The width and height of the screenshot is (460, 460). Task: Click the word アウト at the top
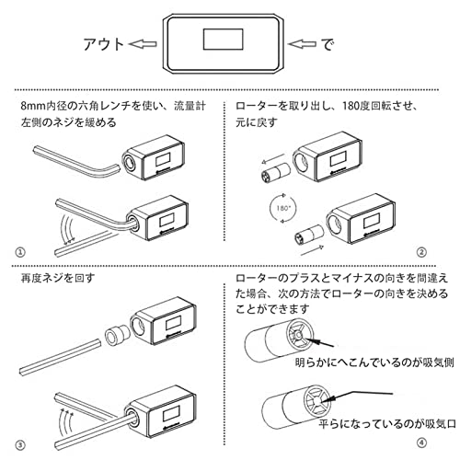pyautogui.click(x=104, y=44)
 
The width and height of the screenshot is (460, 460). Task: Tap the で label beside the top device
pyautogui.click(x=328, y=44)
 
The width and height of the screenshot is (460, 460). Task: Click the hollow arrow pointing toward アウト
pyautogui.click(x=144, y=44)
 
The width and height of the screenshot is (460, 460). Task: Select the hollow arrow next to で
pyautogui.click(x=302, y=44)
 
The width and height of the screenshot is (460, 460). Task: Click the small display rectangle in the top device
pyautogui.click(x=224, y=40)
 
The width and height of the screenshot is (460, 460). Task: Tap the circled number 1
pyautogui.click(x=20, y=252)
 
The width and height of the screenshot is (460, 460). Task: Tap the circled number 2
pyautogui.click(x=421, y=252)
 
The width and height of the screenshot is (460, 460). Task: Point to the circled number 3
pyautogui.click(x=20, y=445)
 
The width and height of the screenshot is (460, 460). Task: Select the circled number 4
pyautogui.click(x=422, y=443)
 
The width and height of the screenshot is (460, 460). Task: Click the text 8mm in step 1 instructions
pyautogui.click(x=33, y=107)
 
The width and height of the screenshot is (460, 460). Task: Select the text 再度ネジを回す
pyautogui.click(x=58, y=278)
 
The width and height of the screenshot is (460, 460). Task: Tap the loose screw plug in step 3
pyautogui.click(x=117, y=335)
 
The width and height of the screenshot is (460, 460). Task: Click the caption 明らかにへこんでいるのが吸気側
pyautogui.click(x=374, y=362)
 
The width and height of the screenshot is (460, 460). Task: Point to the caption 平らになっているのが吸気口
pyautogui.click(x=387, y=424)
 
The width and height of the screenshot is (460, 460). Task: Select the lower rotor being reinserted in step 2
pyautogui.click(x=308, y=235)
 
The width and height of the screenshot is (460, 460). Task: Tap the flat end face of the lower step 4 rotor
pyautogui.click(x=317, y=400)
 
